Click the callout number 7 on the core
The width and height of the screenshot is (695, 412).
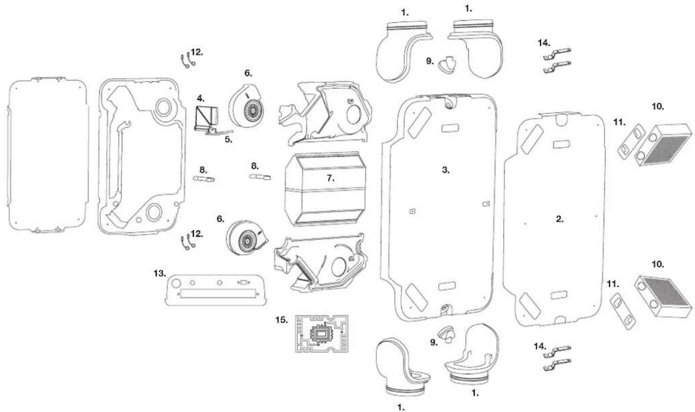pyautogui.click(x=330, y=178)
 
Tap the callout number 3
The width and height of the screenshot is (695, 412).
pyautogui.click(x=446, y=169)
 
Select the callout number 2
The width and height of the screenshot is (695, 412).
pyautogui.click(x=560, y=219)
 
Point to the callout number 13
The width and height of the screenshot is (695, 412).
pyautogui.click(x=160, y=273)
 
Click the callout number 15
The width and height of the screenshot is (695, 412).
pyautogui.click(x=282, y=320)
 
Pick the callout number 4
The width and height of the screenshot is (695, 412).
pyautogui.click(x=201, y=98)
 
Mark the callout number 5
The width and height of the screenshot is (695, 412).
pyautogui.click(x=229, y=140)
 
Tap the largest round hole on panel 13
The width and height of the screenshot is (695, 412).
pyautogui.click(x=176, y=283)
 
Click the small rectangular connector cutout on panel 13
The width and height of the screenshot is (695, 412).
pyautogui.click(x=244, y=282)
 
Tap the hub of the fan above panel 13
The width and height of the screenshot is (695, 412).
pyautogui.click(x=248, y=240)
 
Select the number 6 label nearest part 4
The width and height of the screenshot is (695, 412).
pyautogui.click(x=248, y=73)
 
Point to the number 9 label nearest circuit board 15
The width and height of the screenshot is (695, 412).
pyautogui.click(x=434, y=342)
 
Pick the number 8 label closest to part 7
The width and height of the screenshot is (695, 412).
pyautogui.click(x=255, y=166)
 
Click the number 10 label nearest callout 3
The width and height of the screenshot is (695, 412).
pyautogui.click(x=658, y=107)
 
